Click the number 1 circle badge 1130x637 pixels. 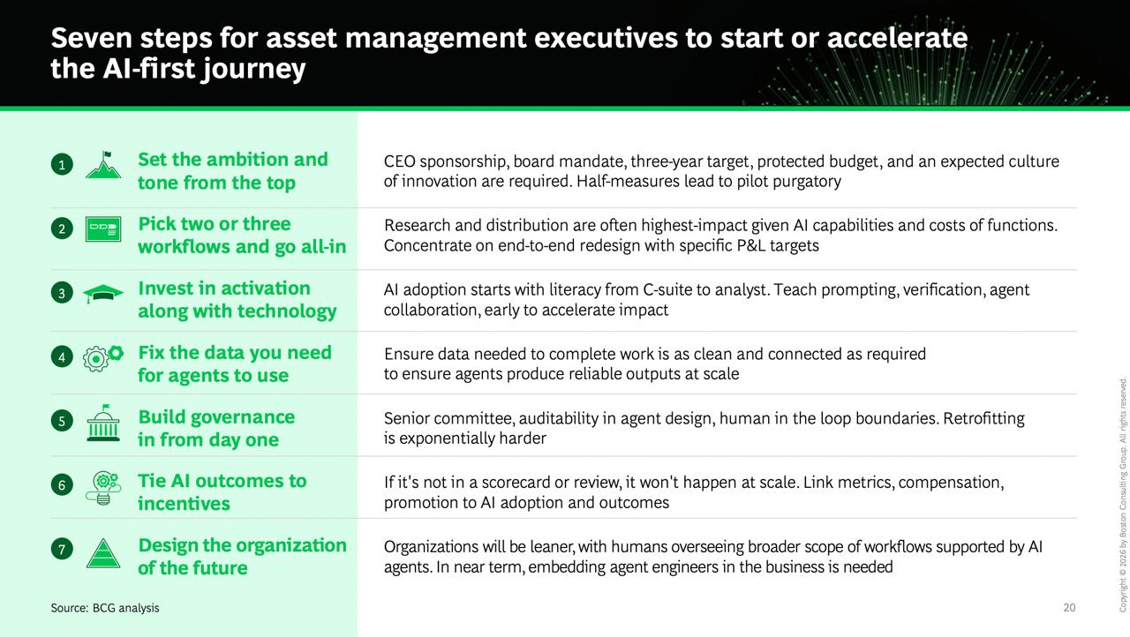point(62,164)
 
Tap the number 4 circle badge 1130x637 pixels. point(62,357)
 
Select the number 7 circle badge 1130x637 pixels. point(62,549)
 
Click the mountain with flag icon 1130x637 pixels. point(103,165)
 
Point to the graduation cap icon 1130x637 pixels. point(103,294)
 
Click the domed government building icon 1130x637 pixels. point(103,423)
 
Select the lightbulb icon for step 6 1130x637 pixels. point(103,488)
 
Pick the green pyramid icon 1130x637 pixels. point(103,553)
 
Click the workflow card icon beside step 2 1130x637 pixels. point(103,229)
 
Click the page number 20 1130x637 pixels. point(1069,608)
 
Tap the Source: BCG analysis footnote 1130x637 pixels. point(105,608)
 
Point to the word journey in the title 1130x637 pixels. point(253,70)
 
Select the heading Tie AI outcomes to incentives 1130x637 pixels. point(222,492)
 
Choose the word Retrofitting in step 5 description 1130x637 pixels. point(983,418)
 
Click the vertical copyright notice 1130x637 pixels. point(1123,495)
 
